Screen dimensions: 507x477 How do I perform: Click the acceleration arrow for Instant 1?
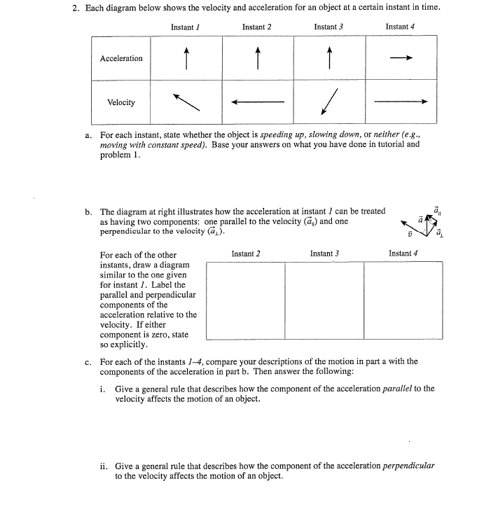(x=187, y=58)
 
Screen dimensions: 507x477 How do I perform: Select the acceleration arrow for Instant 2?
(x=258, y=58)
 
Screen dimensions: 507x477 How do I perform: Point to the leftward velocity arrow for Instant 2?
(x=258, y=102)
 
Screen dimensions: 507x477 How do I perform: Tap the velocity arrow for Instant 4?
(x=401, y=102)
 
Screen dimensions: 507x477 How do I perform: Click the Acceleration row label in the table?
(x=121, y=58)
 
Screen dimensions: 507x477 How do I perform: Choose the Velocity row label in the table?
(x=121, y=102)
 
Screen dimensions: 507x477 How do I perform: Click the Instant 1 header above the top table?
(x=186, y=27)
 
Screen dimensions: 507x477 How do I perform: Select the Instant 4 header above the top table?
(x=401, y=27)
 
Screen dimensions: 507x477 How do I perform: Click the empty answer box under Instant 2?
(x=245, y=300)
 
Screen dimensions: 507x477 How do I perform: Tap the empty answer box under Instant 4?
(x=403, y=300)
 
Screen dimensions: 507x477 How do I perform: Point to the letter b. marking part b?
(x=89, y=211)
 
